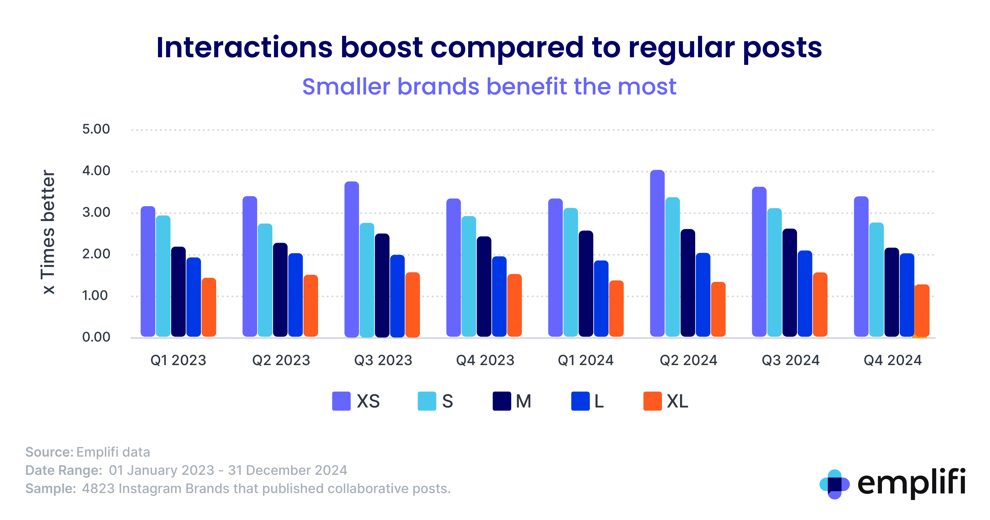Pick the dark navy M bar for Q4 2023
484,286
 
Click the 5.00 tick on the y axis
96,129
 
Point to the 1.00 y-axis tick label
95,296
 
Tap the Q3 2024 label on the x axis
790,360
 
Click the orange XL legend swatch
652,401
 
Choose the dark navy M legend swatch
502,401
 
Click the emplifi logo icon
834,484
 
